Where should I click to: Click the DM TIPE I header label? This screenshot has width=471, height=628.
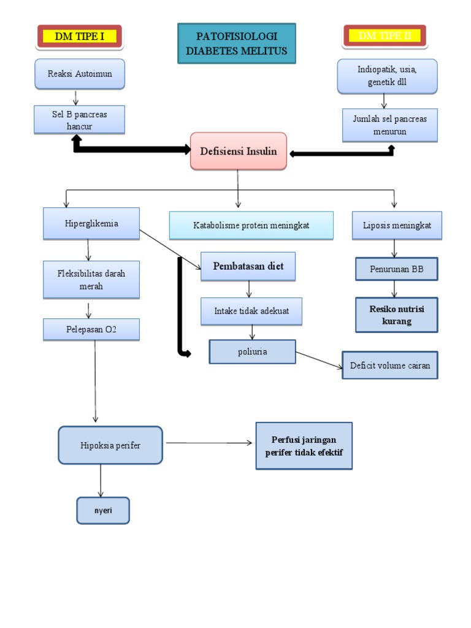(80, 36)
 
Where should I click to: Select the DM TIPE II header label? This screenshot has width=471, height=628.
(385, 36)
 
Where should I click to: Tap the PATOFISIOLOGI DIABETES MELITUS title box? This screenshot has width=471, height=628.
(237, 44)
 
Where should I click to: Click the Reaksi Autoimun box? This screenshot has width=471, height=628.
(80, 74)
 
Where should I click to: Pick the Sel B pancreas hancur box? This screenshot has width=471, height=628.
(80, 120)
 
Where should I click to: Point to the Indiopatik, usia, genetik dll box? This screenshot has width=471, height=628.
(387, 76)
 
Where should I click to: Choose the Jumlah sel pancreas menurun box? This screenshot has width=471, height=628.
(389, 124)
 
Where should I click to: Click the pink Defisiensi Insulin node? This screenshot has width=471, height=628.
(239, 151)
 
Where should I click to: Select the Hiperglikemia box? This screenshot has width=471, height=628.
(91, 223)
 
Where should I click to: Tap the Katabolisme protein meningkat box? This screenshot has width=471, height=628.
(251, 225)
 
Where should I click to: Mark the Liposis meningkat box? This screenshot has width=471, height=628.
(397, 225)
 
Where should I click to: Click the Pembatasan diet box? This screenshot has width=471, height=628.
(248, 266)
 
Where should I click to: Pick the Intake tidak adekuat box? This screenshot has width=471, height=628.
(251, 311)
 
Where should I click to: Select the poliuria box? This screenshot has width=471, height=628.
(252, 351)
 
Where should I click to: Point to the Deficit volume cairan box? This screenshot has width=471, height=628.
(390, 366)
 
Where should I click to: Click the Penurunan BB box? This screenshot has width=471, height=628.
(397, 269)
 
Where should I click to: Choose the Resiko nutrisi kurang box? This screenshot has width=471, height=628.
(397, 315)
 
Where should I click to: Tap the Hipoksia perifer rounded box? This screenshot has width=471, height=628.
(110, 445)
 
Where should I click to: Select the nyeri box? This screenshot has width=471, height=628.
(103, 510)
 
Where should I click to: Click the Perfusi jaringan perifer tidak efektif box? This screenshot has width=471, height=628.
(304, 446)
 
